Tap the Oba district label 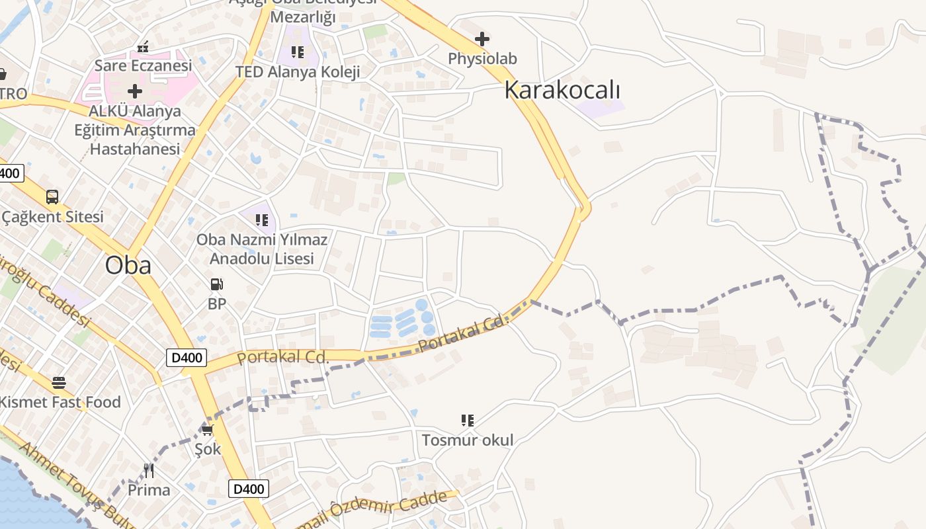[x=128, y=265]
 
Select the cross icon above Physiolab [x=482, y=39]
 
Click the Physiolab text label [x=482, y=59]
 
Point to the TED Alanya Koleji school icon [x=298, y=52]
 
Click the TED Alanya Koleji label [x=298, y=71]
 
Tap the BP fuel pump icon [x=217, y=284]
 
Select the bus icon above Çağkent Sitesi [x=52, y=196]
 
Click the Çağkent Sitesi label [x=53, y=217]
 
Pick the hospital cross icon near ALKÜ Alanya [x=135, y=91]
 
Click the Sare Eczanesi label [x=143, y=65]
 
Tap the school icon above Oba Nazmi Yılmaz [x=262, y=220]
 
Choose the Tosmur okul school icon [x=468, y=420]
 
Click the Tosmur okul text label [x=468, y=440]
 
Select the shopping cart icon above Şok [x=208, y=430]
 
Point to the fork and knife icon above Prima [x=149, y=470]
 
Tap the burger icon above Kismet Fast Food [x=59, y=382]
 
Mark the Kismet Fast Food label [x=60, y=402]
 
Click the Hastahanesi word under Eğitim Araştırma [x=135, y=149]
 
